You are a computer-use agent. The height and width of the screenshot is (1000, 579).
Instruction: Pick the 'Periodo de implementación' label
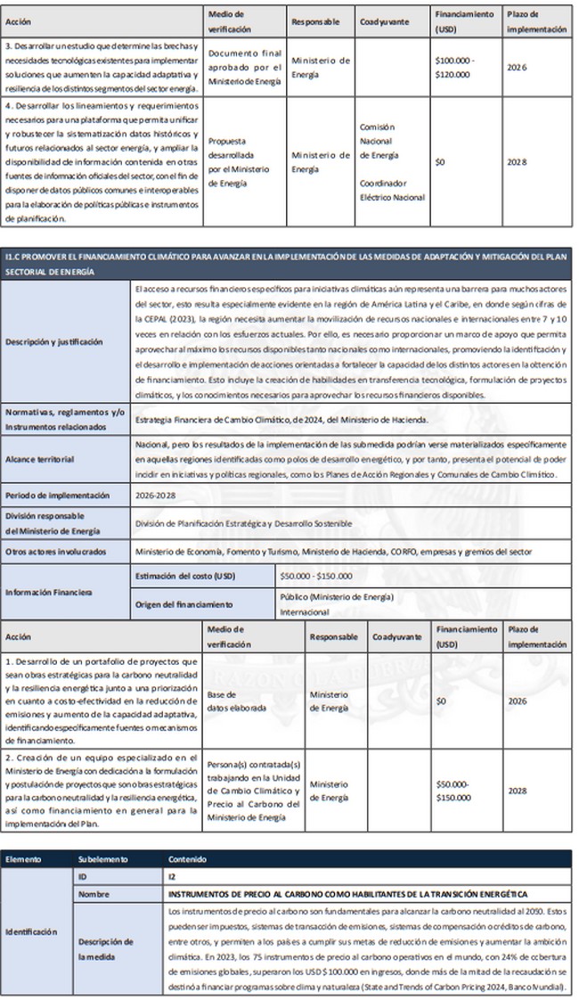[x=57, y=495]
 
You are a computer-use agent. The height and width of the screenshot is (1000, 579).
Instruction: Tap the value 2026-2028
[x=157, y=495]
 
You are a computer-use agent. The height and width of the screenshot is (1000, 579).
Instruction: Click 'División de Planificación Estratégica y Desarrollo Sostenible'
[x=242, y=522]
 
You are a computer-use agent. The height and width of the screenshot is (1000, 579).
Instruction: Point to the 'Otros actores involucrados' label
[x=58, y=551]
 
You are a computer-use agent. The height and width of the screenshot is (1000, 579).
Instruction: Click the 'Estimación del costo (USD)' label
[x=183, y=575]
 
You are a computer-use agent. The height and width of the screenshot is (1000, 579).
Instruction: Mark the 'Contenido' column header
[x=188, y=859]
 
